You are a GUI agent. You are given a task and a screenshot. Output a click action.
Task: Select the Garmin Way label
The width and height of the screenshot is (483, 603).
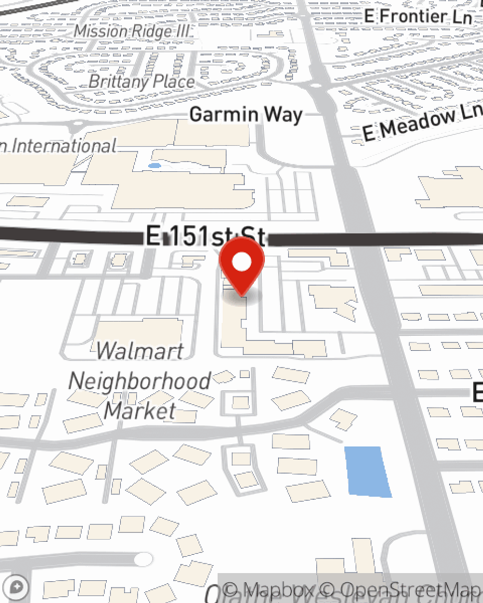coord(246,115)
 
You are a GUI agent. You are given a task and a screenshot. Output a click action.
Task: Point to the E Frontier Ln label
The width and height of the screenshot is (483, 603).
coord(418,16)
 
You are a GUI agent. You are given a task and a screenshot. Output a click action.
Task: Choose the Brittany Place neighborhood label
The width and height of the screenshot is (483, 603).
coord(142,82)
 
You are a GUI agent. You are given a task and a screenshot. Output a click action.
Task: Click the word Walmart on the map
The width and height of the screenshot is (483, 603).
coord(140,351)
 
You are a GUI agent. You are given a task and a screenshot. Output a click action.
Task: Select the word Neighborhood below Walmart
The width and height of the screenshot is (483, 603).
coord(140,381)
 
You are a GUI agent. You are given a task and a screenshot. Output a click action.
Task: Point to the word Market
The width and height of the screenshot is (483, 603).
coord(140,411)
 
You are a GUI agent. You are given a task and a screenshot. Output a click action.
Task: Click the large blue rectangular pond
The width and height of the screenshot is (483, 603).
coord(368,471)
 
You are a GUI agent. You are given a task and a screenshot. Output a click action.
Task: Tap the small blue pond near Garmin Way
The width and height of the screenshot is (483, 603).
coord(155,166)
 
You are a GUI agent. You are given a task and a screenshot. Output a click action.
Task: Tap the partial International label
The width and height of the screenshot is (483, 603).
coord(58,146)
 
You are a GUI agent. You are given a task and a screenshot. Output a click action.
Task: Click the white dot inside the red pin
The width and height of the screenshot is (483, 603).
coord(241,263)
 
